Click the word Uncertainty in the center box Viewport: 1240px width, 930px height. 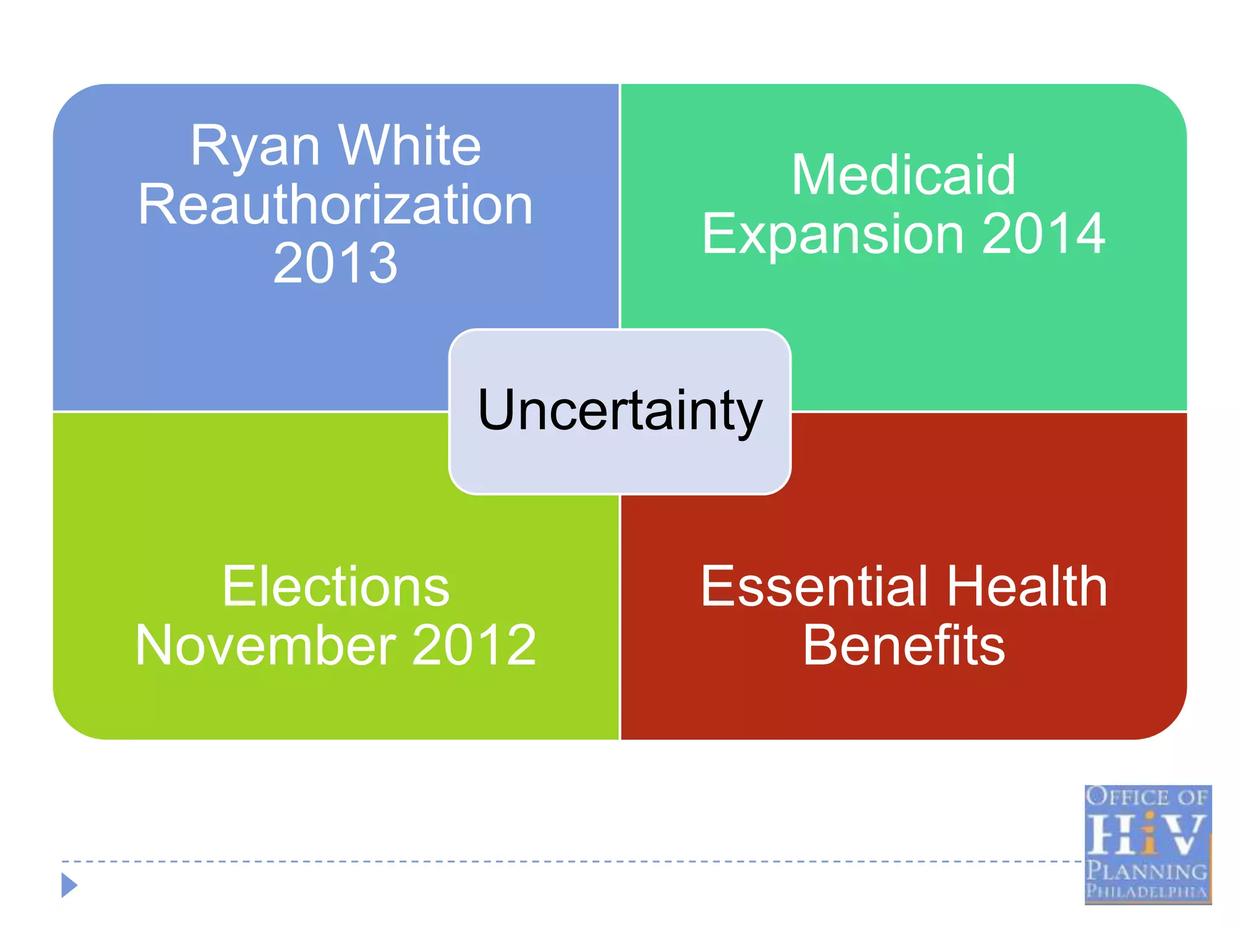619,411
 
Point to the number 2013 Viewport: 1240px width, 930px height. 335,263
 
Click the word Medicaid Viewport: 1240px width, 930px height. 903,175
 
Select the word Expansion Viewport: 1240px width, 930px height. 833,234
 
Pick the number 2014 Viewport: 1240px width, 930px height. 1043,234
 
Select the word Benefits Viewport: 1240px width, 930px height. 903,645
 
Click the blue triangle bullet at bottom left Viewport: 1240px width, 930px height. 69,885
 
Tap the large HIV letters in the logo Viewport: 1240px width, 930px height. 1146,834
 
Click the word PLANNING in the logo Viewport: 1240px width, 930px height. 1146,871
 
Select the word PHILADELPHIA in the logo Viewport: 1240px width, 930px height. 1146,891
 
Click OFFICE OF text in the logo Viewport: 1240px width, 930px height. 1146,797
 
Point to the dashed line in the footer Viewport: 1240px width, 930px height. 545,861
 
